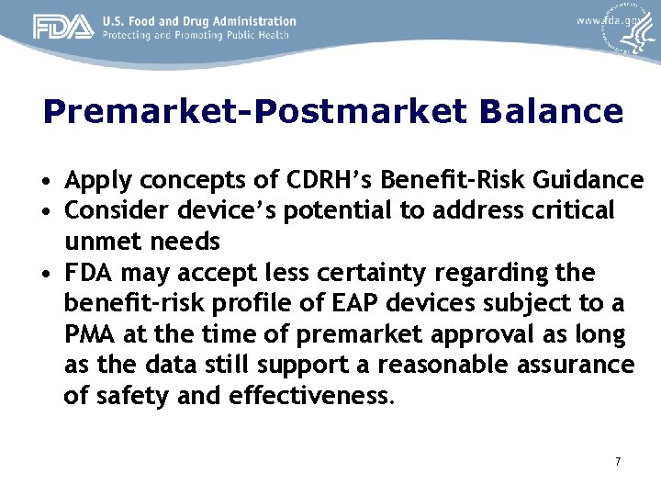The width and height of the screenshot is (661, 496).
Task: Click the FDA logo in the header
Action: [x=63, y=28]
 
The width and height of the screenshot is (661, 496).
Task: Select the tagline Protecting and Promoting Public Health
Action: [x=196, y=35]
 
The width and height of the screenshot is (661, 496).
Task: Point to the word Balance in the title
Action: [x=550, y=112]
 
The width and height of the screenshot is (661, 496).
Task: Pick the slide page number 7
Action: [x=618, y=461]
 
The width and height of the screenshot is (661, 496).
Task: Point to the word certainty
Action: [x=387, y=273]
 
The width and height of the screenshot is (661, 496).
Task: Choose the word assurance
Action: [x=568, y=365]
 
